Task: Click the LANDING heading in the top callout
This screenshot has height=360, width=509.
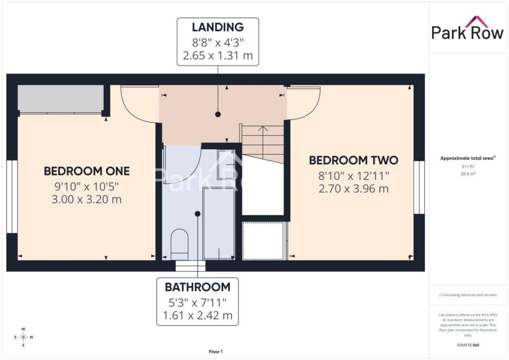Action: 218,27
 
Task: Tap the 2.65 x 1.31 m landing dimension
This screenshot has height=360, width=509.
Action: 218,56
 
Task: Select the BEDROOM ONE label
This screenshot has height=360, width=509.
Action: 86,171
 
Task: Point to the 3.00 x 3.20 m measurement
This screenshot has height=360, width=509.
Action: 86,199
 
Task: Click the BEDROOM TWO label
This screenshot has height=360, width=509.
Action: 353,161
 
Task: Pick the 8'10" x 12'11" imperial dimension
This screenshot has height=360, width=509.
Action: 353,176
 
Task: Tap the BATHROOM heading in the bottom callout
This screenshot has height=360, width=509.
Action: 198,287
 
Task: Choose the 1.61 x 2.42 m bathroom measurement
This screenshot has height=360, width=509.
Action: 198,315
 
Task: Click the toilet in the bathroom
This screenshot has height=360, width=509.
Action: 179,241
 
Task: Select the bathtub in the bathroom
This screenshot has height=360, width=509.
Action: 219,224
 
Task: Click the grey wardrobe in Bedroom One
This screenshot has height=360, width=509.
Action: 61,98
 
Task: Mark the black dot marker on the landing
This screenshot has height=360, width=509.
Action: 218,114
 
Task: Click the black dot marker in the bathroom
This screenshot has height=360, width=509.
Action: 197,214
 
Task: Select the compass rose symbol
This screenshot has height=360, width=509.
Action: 23,337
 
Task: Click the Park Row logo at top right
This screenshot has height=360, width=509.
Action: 467,28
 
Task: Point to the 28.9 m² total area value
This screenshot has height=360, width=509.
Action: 468,174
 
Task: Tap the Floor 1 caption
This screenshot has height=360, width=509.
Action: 216,352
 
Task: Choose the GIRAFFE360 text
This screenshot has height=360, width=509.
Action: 468,345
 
